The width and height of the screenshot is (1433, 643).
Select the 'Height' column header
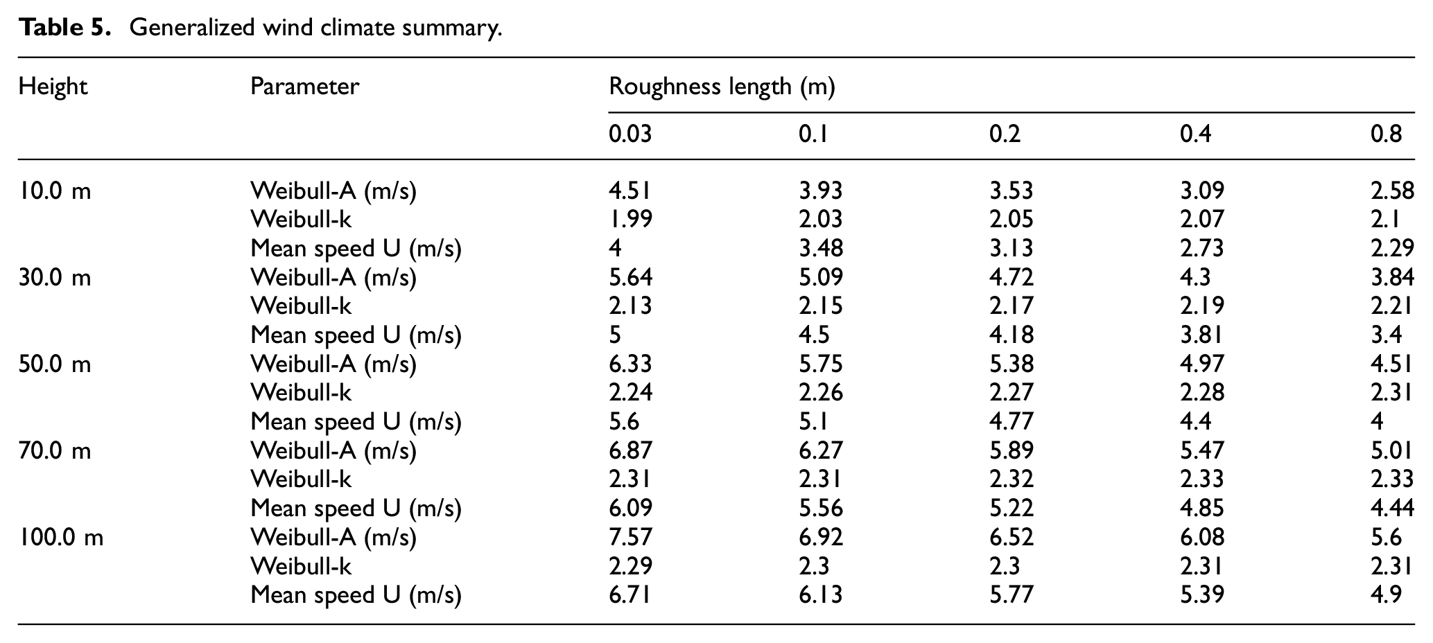click(x=53, y=87)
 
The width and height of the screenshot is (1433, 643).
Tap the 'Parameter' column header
click(x=304, y=87)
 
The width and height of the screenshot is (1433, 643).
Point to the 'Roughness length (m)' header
click(x=722, y=87)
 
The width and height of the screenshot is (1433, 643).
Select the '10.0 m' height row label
click(x=55, y=191)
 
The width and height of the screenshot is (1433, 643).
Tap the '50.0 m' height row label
click(x=55, y=364)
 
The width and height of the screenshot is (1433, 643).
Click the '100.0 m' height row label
click(x=61, y=537)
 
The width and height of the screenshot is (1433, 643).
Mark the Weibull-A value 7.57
click(x=630, y=537)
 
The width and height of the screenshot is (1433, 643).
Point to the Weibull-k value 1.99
click(x=630, y=220)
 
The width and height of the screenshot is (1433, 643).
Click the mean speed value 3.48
click(x=821, y=248)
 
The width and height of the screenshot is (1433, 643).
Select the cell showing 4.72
click(x=1011, y=277)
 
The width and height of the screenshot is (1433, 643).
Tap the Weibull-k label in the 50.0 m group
click(x=301, y=393)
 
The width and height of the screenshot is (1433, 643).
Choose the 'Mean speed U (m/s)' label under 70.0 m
click(x=356, y=509)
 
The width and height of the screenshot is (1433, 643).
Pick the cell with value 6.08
click(x=1202, y=537)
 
